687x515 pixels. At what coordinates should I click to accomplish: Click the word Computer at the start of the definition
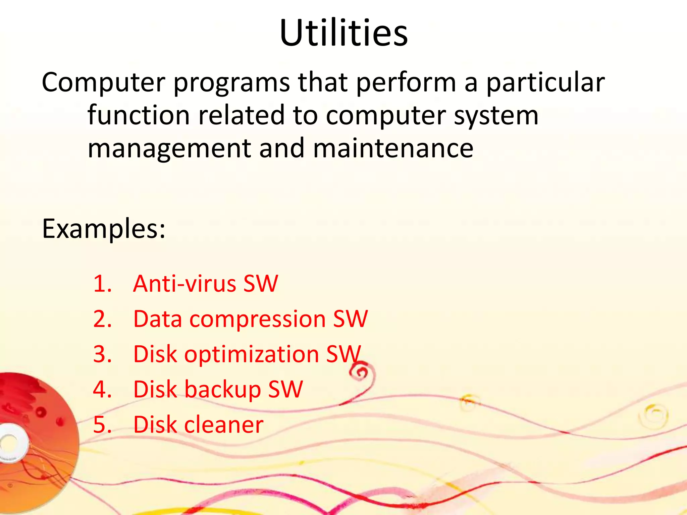click(x=103, y=82)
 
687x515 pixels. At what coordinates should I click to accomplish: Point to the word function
click(x=139, y=115)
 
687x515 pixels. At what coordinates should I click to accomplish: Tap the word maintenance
click(x=393, y=148)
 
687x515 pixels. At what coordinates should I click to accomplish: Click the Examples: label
click(x=104, y=229)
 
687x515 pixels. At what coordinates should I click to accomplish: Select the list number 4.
click(x=102, y=390)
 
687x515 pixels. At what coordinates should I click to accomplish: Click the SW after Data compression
click(x=350, y=319)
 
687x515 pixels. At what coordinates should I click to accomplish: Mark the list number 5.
click(x=102, y=425)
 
